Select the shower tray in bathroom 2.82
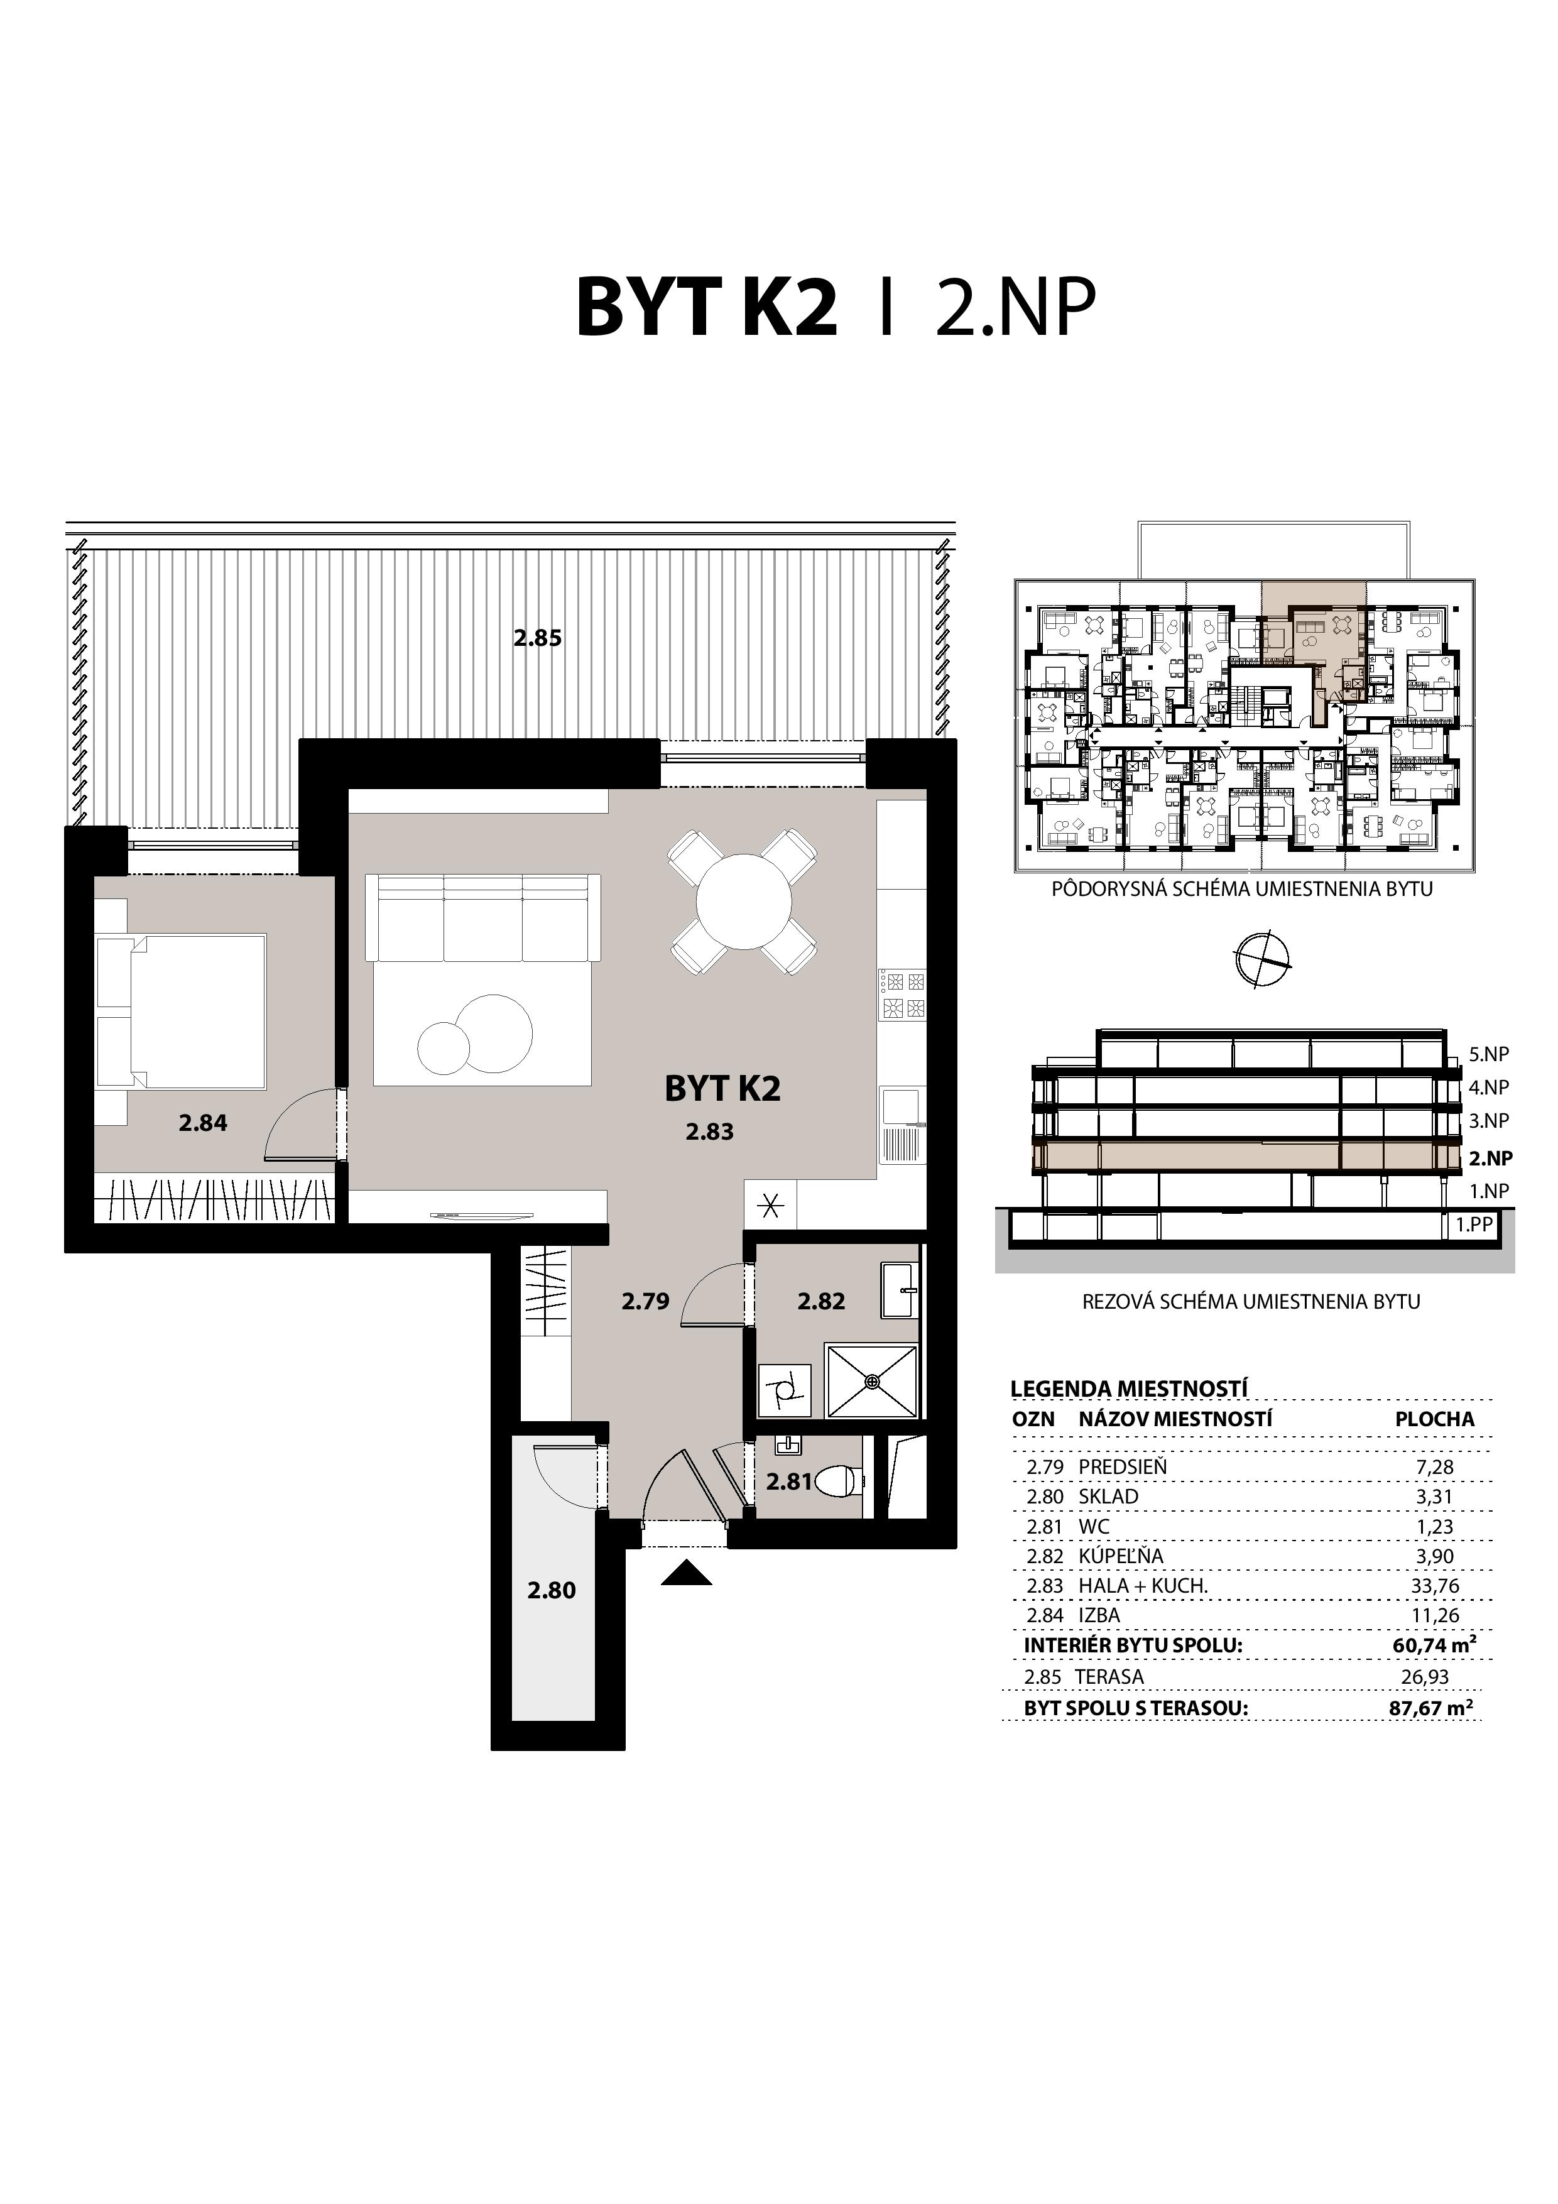point(871,1382)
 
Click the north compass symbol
point(1263,959)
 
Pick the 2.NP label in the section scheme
point(1490,1158)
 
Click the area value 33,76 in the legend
point(1434,1586)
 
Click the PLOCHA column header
point(1434,1419)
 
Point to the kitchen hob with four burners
point(902,995)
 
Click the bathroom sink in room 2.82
point(900,1289)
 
